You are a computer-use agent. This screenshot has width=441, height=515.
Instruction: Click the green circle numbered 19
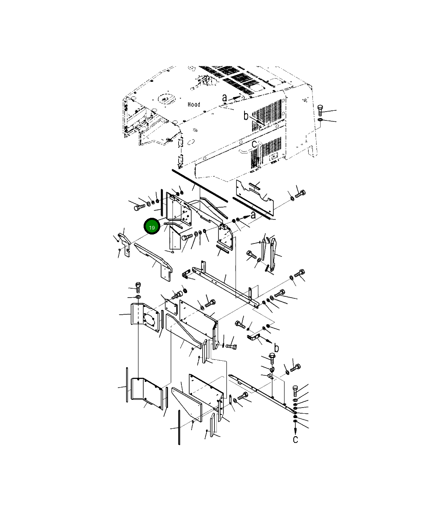coord(152,226)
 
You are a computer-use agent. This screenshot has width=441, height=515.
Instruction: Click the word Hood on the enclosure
coord(194,104)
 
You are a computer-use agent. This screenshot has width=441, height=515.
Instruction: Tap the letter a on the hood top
coord(225,98)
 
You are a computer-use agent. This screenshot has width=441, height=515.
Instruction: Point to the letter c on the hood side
coord(254,144)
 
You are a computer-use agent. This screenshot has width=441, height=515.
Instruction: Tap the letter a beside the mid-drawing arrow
coord(253,215)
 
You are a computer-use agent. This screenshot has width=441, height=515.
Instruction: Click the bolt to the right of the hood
coord(320,110)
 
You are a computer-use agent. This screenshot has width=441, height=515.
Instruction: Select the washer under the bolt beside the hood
coord(320,121)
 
